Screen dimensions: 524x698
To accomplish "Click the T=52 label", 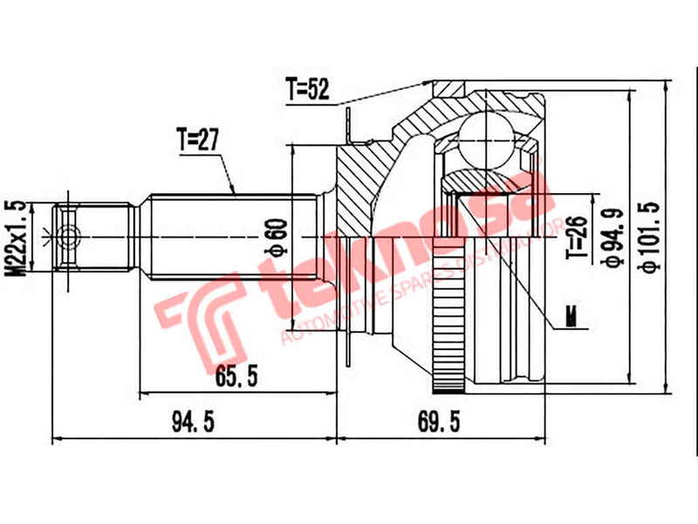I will tap(306, 88).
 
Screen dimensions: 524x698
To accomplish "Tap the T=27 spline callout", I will tap(196, 139).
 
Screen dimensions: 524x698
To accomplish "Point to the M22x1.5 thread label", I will tap(13, 237).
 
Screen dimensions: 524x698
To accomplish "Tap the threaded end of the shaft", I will tap(95, 237).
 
